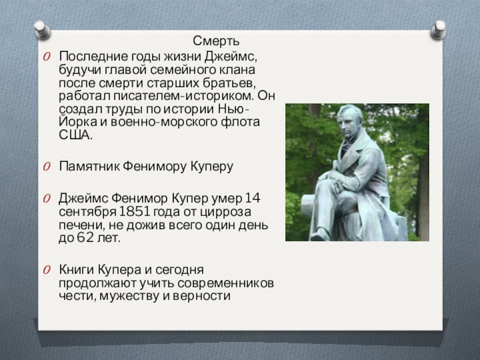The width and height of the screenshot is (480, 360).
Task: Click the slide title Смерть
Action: point(216,41)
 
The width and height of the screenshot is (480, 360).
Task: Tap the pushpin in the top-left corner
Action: point(41,29)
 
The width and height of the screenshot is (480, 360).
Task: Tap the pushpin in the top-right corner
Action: point(439,29)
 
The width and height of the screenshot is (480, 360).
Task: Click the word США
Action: point(76,135)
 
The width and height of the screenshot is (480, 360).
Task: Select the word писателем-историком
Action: point(184,96)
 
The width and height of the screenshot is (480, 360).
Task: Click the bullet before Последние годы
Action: point(47,56)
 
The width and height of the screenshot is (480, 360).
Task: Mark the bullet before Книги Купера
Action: point(47,270)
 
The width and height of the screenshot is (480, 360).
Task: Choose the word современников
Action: point(226,283)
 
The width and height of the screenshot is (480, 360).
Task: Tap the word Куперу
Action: point(212,166)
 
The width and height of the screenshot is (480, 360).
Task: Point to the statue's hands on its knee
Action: point(332,177)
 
